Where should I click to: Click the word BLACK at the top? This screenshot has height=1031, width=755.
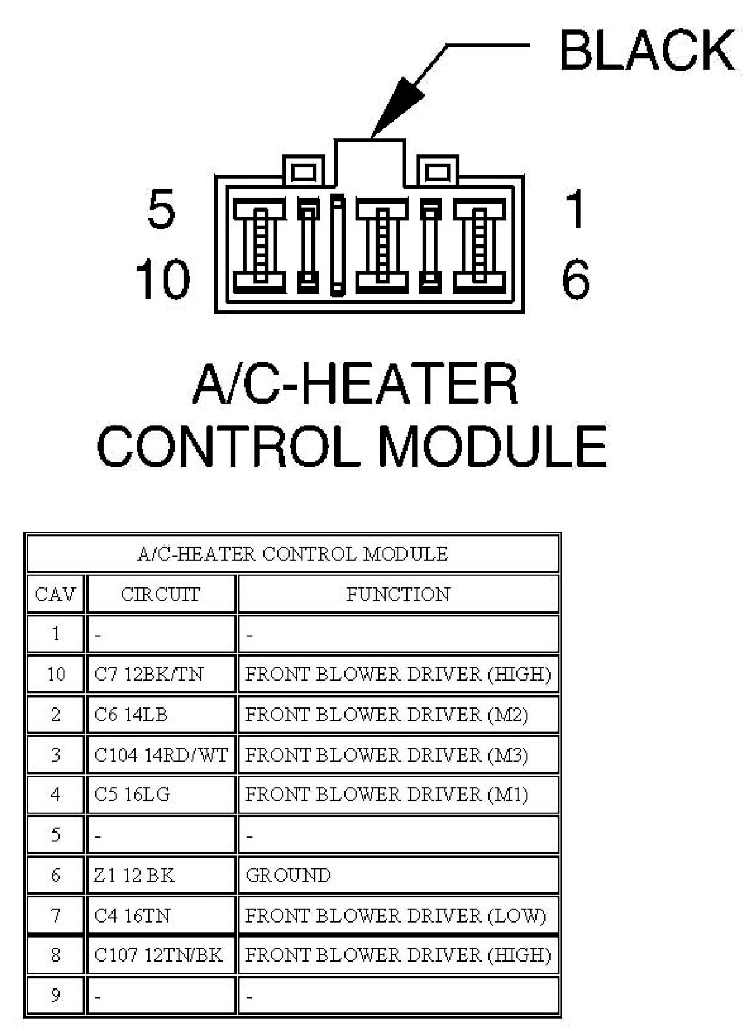(x=647, y=50)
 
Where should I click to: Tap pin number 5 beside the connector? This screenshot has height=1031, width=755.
(x=161, y=209)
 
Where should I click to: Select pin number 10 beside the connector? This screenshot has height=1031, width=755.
(x=163, y=279)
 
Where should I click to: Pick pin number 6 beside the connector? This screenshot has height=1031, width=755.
(x=575, y=279)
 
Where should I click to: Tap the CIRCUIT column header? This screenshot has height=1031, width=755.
(x=160, y=594)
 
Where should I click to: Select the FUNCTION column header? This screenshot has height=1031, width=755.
(x=398, y=594)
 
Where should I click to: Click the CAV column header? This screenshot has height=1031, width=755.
(x=55, y=594)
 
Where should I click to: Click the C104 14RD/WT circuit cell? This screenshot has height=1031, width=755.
(x=160, y=755)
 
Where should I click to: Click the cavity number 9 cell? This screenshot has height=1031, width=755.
(x=55, y=995)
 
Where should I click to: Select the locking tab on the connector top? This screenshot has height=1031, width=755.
(x=369, y=161)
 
